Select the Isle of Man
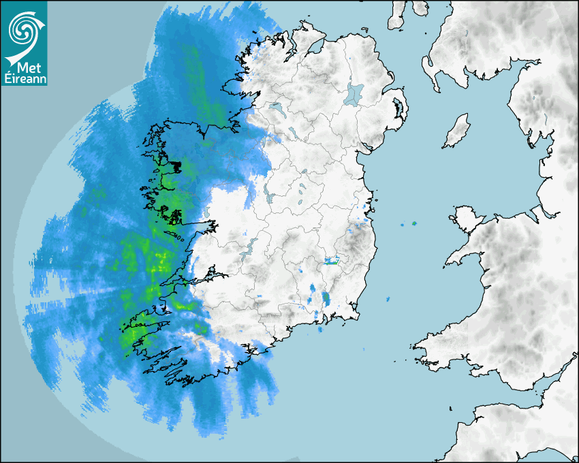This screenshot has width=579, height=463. coord(457,131)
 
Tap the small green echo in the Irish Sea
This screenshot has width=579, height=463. coord(413,223)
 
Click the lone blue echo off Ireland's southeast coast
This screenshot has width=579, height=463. coord(388,299)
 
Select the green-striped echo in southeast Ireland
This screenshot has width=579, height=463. coord(332,261)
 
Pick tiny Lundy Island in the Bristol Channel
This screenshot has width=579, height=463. coord(451,408)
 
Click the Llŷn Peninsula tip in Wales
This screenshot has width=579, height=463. coord(450,261)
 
